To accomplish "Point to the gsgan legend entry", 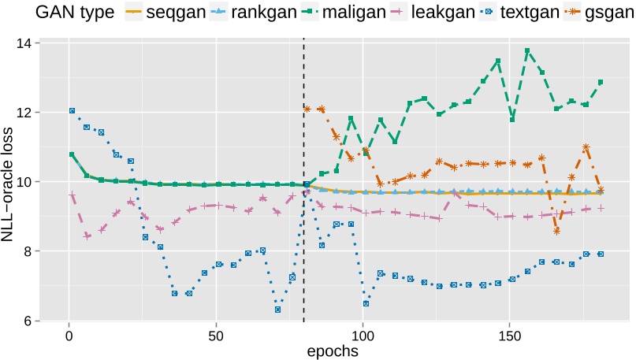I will coord(612,13).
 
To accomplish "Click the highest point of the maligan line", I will coord(527,51).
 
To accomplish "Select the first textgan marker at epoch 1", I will coord(72,111).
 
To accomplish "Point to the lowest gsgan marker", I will coord(556,231).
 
